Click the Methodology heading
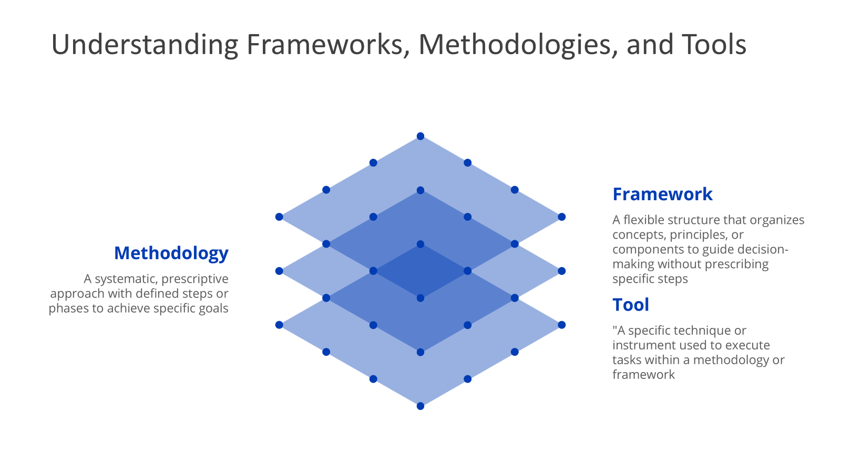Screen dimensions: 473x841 171,253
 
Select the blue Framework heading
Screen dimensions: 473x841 662,194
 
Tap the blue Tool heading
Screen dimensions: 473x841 631,305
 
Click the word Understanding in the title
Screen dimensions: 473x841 145,45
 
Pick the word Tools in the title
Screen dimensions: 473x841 714,45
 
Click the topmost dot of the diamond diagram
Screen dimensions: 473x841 420,136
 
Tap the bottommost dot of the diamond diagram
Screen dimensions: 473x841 420,406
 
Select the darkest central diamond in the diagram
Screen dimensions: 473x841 420,271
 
